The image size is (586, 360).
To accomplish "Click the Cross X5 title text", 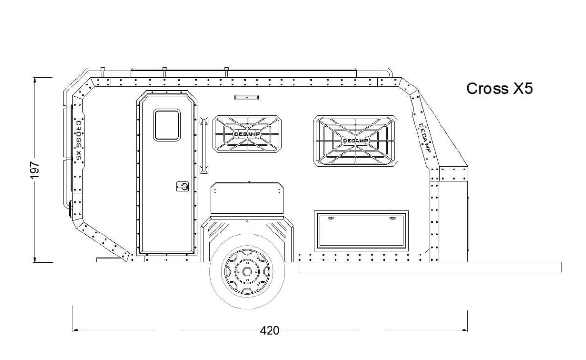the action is [500, 88].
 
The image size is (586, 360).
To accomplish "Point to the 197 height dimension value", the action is [35, 170].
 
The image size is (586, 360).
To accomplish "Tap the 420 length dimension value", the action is [270, 330].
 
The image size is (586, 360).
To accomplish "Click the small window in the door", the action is [167, 125].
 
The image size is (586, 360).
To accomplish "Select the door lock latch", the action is [183, 187].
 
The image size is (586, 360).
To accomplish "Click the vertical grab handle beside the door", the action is [204, 145].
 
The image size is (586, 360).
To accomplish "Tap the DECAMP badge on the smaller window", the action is [247, 134].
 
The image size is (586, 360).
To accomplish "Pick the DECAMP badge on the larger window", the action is [356, 141].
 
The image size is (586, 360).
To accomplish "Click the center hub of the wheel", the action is [247, 272].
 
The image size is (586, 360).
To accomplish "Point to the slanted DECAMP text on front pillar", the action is [425, 138].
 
